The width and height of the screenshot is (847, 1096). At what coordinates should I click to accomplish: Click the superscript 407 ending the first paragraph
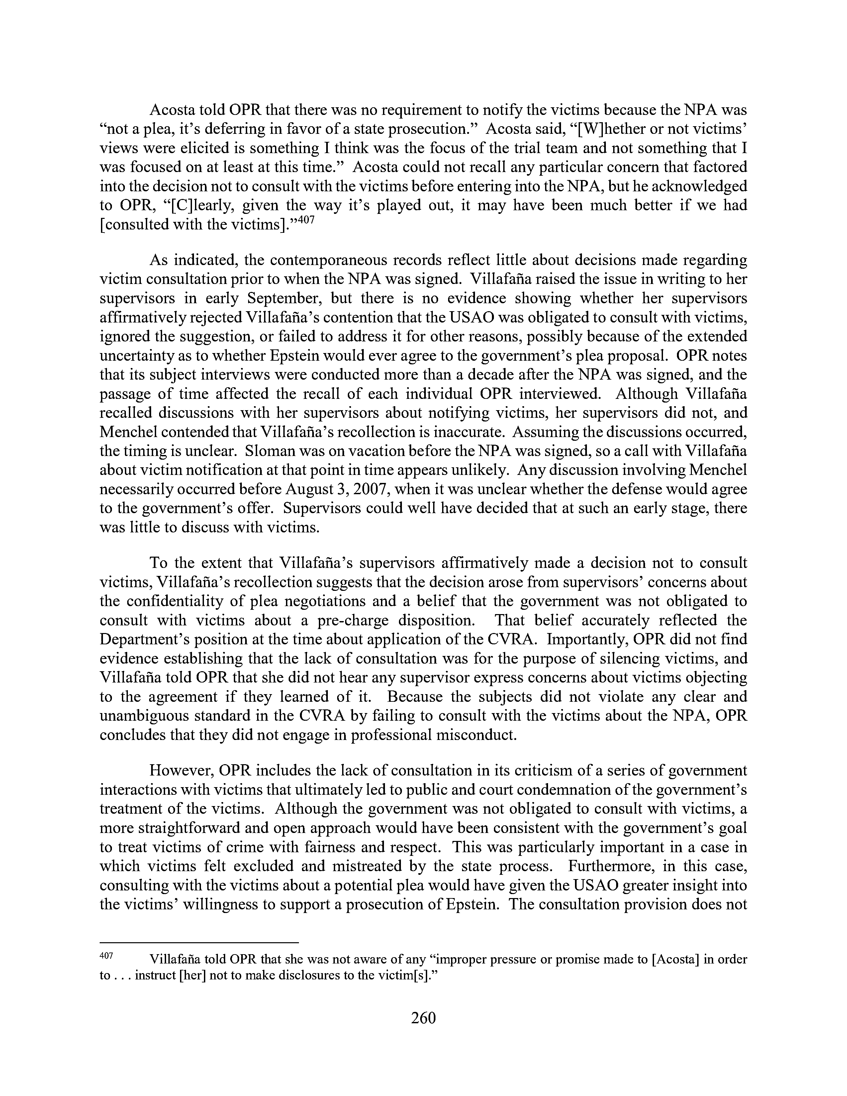point(307,220)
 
